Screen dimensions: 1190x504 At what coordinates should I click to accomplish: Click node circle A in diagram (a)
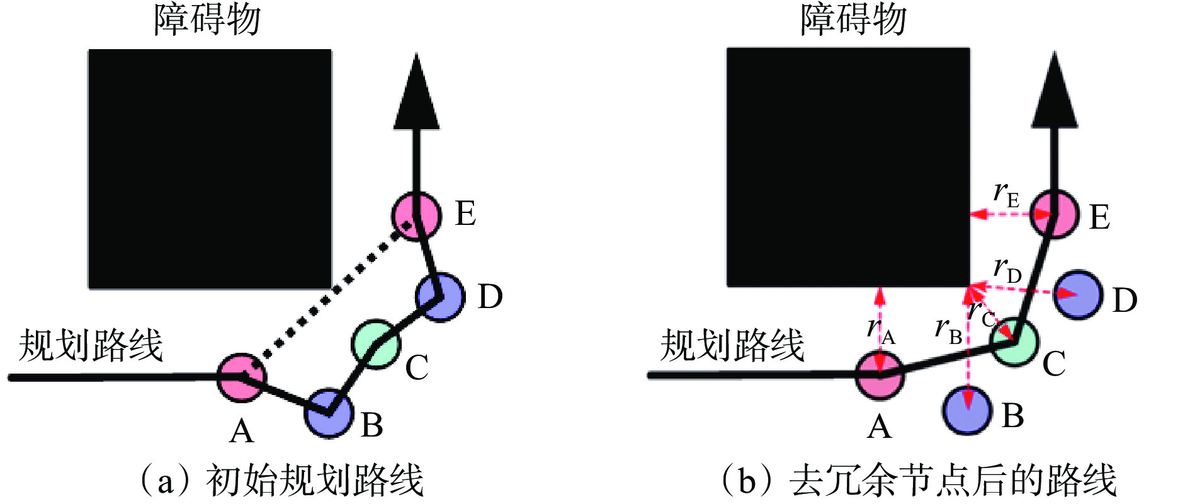point(241,377)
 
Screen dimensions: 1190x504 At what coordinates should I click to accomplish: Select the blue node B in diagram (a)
point(328,413)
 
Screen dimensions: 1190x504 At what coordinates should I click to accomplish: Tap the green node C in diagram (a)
point(376,344)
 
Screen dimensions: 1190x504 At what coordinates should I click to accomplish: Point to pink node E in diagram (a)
point(416,215)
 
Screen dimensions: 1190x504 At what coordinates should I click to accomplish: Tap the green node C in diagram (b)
point(1014,341)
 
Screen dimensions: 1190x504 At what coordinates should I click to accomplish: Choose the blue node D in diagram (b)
point(1078,295)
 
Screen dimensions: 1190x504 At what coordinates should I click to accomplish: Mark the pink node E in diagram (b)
point(1055,215)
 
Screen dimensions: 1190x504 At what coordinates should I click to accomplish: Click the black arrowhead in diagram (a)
point(416,91)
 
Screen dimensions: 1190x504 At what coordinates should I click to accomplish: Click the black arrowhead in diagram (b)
point(1055,89)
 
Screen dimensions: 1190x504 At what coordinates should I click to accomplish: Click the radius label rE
point(1006,194)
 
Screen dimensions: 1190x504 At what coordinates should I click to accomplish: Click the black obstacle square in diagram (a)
point(210,169)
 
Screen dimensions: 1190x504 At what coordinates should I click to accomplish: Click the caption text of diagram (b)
point(918,481)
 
